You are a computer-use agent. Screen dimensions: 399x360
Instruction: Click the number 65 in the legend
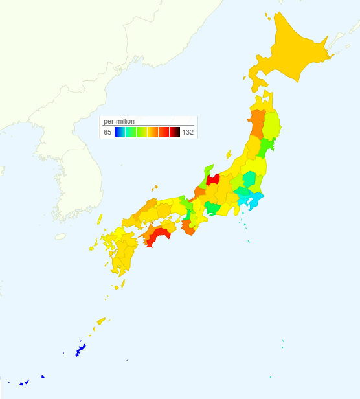pyautogui.click(x=107, y=132)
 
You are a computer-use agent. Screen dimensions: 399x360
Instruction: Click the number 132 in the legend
pyautogui.click(x=188, y=132)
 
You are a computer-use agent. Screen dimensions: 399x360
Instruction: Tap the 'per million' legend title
pyautogui.click(x=118, y=121)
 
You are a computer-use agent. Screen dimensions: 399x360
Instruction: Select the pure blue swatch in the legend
pyautogui.click(x=119, y=132)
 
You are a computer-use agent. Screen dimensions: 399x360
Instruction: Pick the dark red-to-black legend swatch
pyautogui.click(x=175, y=132)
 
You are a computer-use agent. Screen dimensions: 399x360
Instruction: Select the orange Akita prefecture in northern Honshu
pyautogui.click(x=257, y=123)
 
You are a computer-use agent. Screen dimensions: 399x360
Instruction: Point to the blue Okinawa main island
pyautogui.click(x=81, y=350)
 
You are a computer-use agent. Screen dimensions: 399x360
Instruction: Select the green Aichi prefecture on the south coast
pyautogui.click(x=212, y=208)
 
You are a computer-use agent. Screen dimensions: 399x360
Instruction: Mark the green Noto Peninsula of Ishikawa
pyautogui.click(x=209, y=170)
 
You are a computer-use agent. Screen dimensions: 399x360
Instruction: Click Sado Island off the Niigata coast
pyautogui.click(x=228, y=154)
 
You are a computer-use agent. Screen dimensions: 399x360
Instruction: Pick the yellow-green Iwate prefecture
pyautogui.click(x=272, y=123)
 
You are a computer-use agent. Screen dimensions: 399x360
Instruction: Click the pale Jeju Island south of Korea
pyautogui.click(x=60, y=236)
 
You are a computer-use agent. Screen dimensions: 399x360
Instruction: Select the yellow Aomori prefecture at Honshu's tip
pyautogui.click(x=264, y=100)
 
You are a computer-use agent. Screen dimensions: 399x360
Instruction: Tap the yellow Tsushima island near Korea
pyautogui.click(x=100, y=220)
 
